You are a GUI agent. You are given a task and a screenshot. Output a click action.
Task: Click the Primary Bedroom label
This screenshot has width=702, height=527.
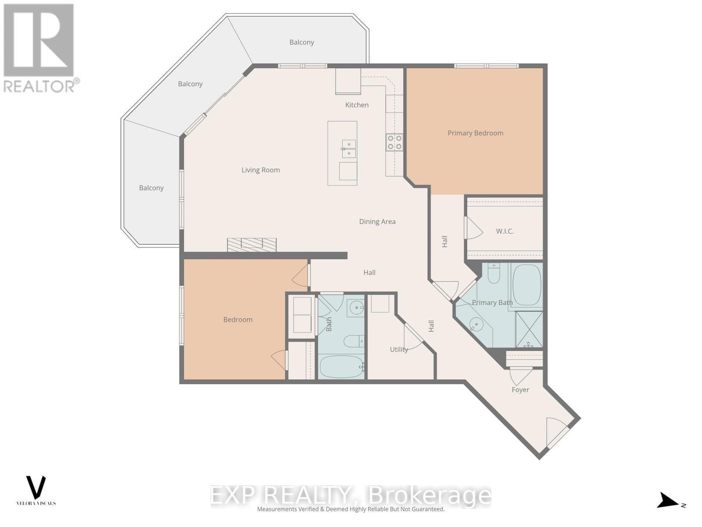[475, 133]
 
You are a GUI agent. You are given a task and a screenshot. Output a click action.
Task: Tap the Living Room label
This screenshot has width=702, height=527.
[261, 170]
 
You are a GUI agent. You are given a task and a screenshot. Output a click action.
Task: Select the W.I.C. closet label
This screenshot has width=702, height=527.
[505, 231]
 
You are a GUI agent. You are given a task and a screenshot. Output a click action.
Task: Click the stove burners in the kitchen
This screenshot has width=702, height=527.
[394, 142]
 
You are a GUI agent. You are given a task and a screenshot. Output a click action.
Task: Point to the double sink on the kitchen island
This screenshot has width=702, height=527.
[349, 148]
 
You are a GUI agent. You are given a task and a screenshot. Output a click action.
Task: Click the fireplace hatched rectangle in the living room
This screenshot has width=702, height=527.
[251, 245]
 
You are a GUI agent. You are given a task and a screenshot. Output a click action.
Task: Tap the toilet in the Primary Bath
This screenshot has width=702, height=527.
[494, 273]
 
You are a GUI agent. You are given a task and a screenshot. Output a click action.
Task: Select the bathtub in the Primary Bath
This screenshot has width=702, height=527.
[526, 285]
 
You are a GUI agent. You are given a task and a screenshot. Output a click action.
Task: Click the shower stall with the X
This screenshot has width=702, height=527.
[529, 329]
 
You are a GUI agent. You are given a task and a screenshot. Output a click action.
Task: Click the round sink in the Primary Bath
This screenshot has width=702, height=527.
[476, 325]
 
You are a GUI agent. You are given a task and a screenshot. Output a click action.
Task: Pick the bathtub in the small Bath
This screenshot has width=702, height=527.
[341, 366]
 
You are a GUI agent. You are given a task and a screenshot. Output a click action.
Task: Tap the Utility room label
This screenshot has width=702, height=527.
[399, 350]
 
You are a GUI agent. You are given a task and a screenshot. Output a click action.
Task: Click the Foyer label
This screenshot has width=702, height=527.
[520, 390]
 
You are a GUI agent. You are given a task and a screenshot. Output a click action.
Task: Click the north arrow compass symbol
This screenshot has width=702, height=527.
[669, 501]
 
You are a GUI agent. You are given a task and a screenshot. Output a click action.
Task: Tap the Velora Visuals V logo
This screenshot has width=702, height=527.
[36, 487]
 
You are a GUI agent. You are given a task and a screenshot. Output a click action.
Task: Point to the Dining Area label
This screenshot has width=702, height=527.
[377, 222]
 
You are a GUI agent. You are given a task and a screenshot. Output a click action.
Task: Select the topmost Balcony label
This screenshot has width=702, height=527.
[301, 42]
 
